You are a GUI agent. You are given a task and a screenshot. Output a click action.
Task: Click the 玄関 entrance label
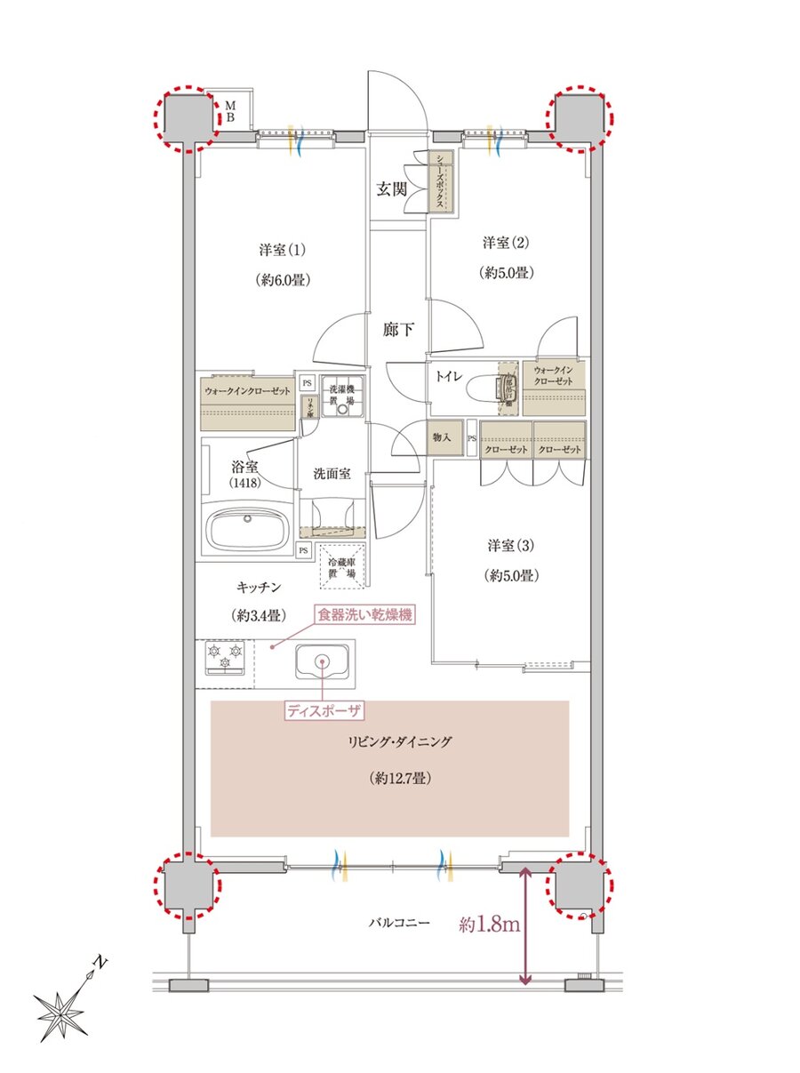coord(390,188)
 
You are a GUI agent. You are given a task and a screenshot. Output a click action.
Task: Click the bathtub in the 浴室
coord(249,531)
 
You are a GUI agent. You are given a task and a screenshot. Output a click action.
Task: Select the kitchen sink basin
coord(322,662)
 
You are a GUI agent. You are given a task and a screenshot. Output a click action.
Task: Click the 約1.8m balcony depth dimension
coord(489,925)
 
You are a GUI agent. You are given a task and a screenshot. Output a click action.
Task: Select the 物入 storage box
coord(445,437)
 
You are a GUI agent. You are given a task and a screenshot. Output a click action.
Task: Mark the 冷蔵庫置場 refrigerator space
coord(340,568)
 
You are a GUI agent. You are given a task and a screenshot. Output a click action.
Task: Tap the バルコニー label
coord(399,924)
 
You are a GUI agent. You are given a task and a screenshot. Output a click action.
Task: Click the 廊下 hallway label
coord(397,330)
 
